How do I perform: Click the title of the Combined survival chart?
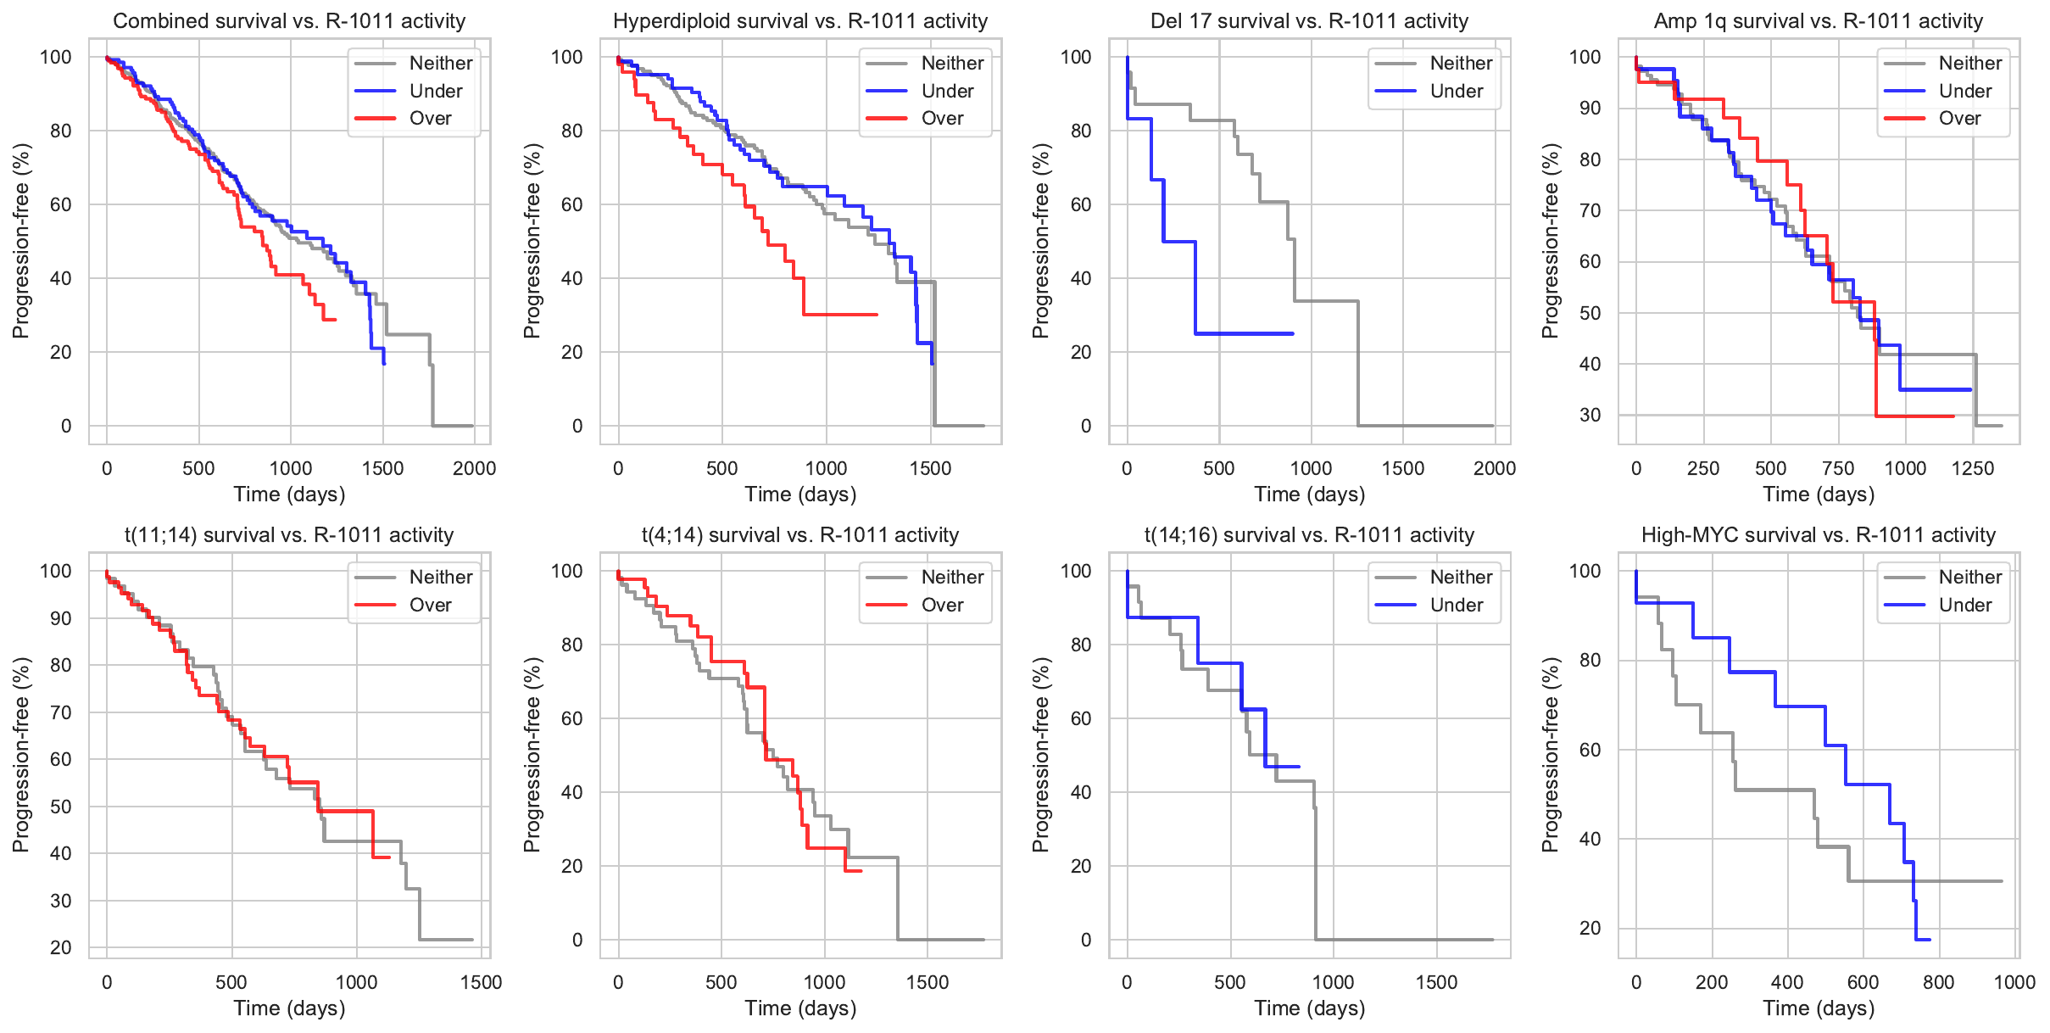click(289, 21)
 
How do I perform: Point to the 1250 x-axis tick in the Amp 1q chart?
click(1972, 468)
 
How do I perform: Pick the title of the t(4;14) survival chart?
click(799, 535)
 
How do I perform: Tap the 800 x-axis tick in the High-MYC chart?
click(1939, 982)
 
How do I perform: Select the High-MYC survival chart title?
click(1818, 535)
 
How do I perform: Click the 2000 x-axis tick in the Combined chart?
click(474, 468)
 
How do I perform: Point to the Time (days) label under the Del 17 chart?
click(1309, 494)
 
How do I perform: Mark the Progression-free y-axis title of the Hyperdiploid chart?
click(532, 241)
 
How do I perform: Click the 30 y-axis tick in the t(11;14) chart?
click(61, 901)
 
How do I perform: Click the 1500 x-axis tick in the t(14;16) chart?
click(1436, 982)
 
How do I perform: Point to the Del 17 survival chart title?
click(1309, 21)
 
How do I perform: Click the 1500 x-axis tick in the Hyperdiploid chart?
click(930, 468)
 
